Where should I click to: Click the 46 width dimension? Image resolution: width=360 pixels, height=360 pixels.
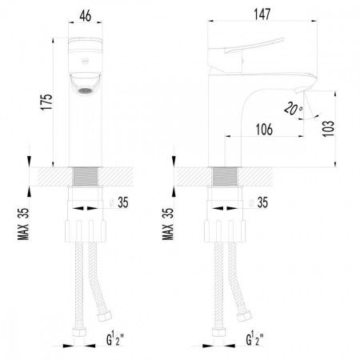86,16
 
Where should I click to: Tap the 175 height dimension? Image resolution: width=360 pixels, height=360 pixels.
46,102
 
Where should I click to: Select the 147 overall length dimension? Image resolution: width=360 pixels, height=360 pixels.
262,14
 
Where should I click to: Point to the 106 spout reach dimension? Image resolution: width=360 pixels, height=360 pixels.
264,130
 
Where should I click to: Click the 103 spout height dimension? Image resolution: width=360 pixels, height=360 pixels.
329,129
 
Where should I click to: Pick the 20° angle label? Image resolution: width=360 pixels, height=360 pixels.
293,109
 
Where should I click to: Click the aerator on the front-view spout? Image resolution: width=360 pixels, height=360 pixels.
85,90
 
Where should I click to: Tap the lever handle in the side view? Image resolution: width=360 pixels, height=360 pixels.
254,46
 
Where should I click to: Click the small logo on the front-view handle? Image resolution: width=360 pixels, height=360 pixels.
85,62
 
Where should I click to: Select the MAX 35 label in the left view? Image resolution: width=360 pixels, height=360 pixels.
23,224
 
